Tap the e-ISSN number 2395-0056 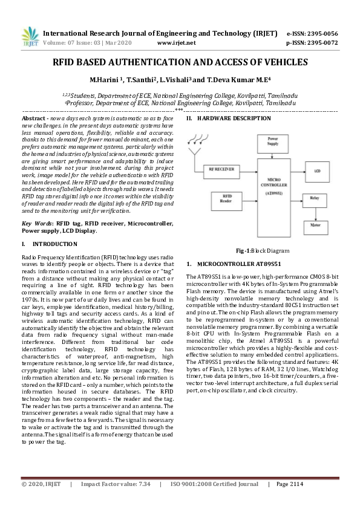(x=321, y=33)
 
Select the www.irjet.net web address (x=176, y=43)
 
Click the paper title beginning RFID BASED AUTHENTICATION (x=180, y=62)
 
